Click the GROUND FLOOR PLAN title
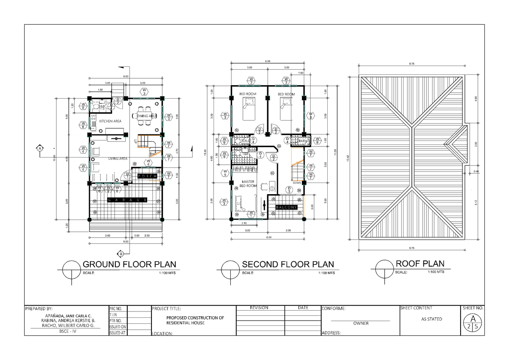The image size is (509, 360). tap(129, 265)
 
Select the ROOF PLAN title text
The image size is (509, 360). tap(420, 264)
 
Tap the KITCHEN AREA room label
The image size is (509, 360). tap(110, 121)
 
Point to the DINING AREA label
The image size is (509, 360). tap(147, 116)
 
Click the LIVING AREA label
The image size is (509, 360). tap(118, 159)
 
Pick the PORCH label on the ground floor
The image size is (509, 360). tap(148, 176)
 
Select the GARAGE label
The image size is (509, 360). tap(127, 200)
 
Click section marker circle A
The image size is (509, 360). tap(40, 148)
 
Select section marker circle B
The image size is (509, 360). tap(121, 253)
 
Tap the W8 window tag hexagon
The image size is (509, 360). tap(84, 125)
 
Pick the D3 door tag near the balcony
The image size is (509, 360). tap(289, 190)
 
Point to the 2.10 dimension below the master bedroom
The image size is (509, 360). tap(244, 224)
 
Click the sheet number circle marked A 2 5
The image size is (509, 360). tap(473, 322)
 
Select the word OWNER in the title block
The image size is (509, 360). tap(361, 323)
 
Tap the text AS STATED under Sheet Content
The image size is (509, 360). tap(431, 319)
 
